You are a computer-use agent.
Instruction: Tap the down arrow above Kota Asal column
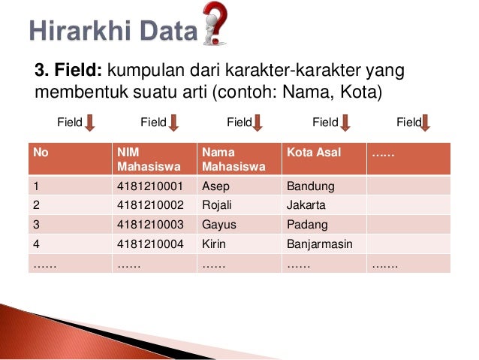(x=345, y=122)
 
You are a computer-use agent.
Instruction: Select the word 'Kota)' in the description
(x=364, y=92)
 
